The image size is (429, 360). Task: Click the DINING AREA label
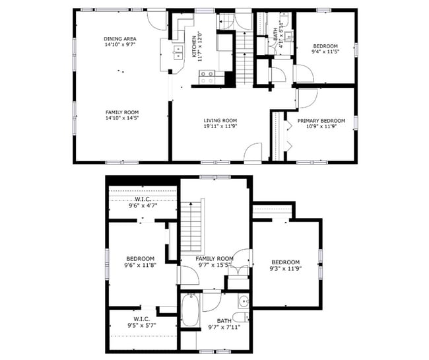tap(119, 39)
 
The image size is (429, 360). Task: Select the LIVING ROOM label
tap(220, 120)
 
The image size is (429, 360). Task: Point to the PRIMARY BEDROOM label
tap(321, 120)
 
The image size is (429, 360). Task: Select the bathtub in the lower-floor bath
tap(190, 310)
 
